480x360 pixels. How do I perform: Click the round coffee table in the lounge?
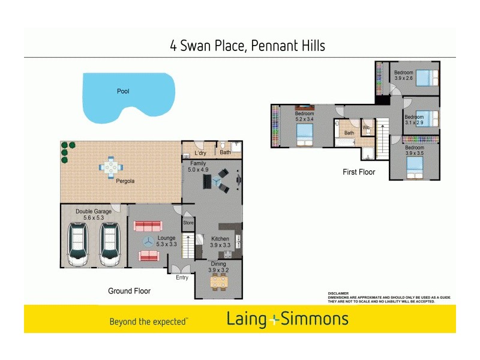click(x=148, y=241)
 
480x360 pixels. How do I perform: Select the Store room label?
click(x=188, y=223)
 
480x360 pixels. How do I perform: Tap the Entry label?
click(x=182, y=277)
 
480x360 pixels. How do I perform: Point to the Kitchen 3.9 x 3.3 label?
click(x=220, y=242)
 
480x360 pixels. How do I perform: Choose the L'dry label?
click(x=200, y=153)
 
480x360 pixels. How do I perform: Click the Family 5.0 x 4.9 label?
click(x=198, y=166)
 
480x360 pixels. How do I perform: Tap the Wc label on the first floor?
click(x=366, y=127)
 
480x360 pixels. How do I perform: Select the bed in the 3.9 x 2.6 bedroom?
click(x=426, y=79)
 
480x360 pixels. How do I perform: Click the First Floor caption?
click(x=359, y=172)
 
